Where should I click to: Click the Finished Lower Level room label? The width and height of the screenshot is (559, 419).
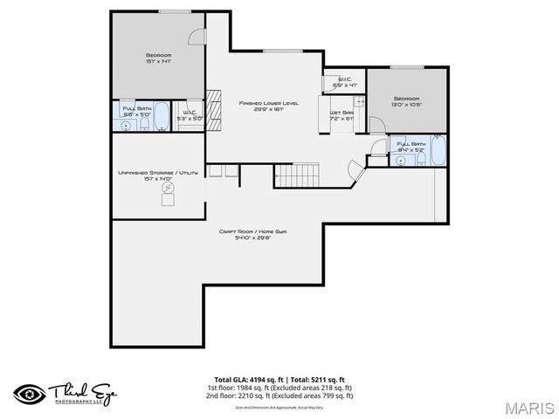point(268,103)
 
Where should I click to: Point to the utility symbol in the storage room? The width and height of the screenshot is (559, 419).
point(167,198)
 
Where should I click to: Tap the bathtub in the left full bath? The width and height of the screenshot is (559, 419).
point(163,117)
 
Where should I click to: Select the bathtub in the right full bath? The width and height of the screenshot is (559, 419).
point(437,150)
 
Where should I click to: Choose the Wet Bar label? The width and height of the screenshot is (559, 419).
point(341,113)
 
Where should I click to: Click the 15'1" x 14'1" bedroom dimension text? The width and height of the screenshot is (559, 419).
point(158,62)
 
